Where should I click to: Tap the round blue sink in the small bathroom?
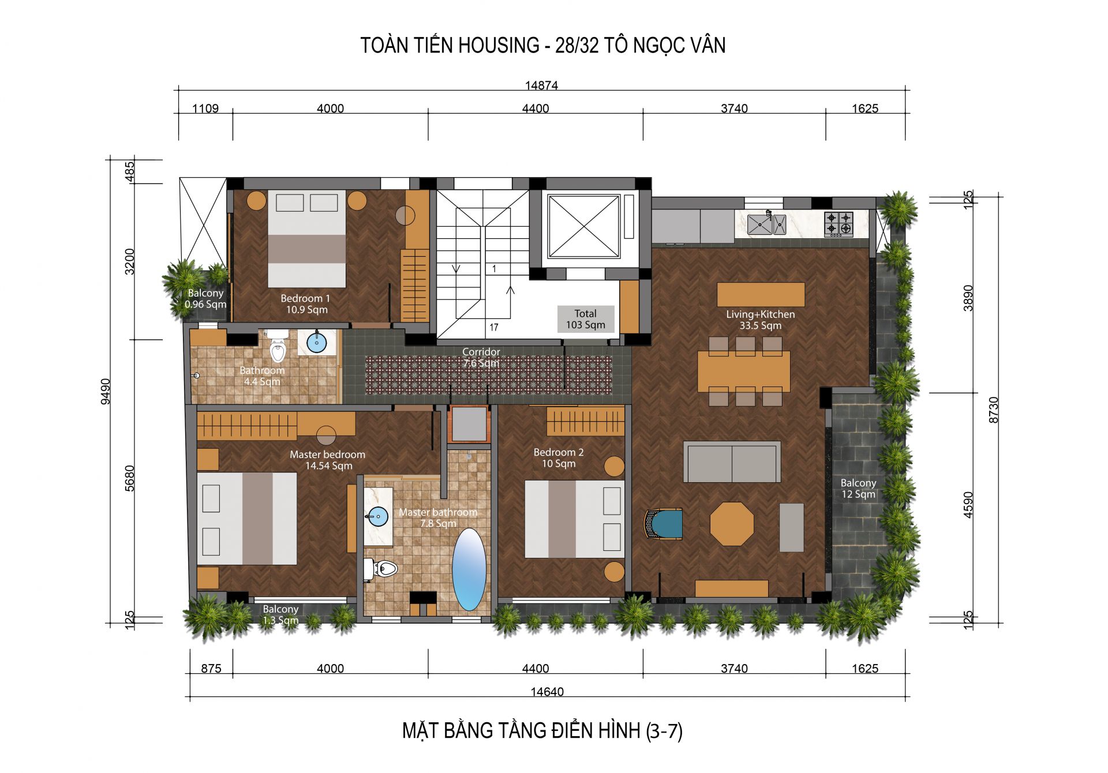coord(317,343)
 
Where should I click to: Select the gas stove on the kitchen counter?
coord(839,224)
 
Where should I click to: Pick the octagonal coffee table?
coord(732,524)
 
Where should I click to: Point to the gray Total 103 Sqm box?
coord(585,319)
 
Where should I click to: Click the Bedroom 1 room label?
coord(306,304)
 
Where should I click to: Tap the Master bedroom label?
coord(328,460)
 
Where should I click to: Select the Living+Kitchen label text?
coord(761,320)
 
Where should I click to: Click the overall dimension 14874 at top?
coord(541,85)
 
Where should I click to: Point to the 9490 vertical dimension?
coord(106,391)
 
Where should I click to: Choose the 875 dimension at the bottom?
coord(211,668)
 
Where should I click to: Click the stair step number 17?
coord(494,327)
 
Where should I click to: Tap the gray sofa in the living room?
coord(732,461)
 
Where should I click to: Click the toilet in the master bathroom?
coord(381,569)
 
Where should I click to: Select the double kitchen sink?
coord(766,224)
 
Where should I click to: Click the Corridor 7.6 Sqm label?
coord(481,357)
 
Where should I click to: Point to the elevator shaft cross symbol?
coord(584,226)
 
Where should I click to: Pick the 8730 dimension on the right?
coord(993,410)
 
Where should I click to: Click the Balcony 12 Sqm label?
coord(858,488)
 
